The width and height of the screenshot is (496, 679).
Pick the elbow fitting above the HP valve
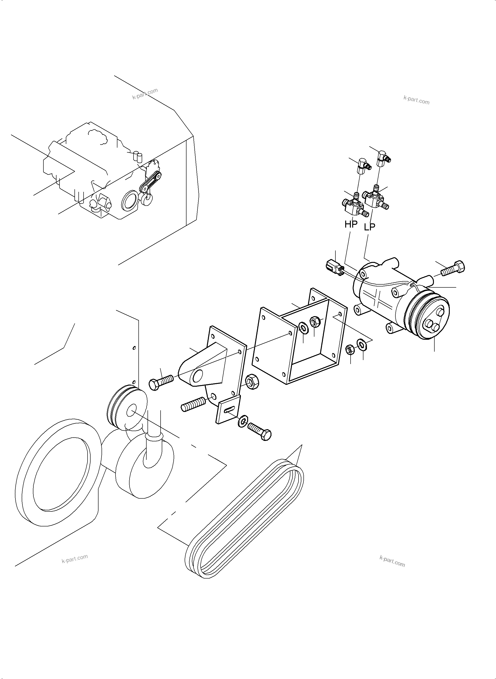[x=363, y=166]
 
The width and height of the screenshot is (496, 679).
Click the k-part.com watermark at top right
[x=416, y=100]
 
